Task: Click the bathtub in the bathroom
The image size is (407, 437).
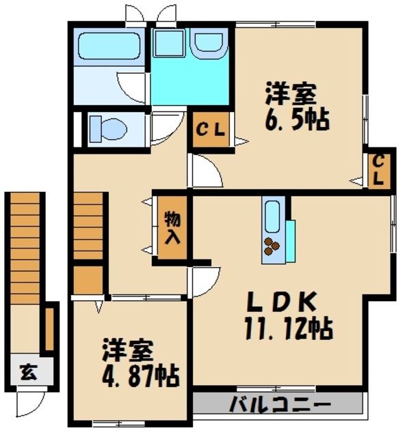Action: (x=109, y=46)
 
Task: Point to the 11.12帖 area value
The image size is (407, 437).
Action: (x=287, y=329)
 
